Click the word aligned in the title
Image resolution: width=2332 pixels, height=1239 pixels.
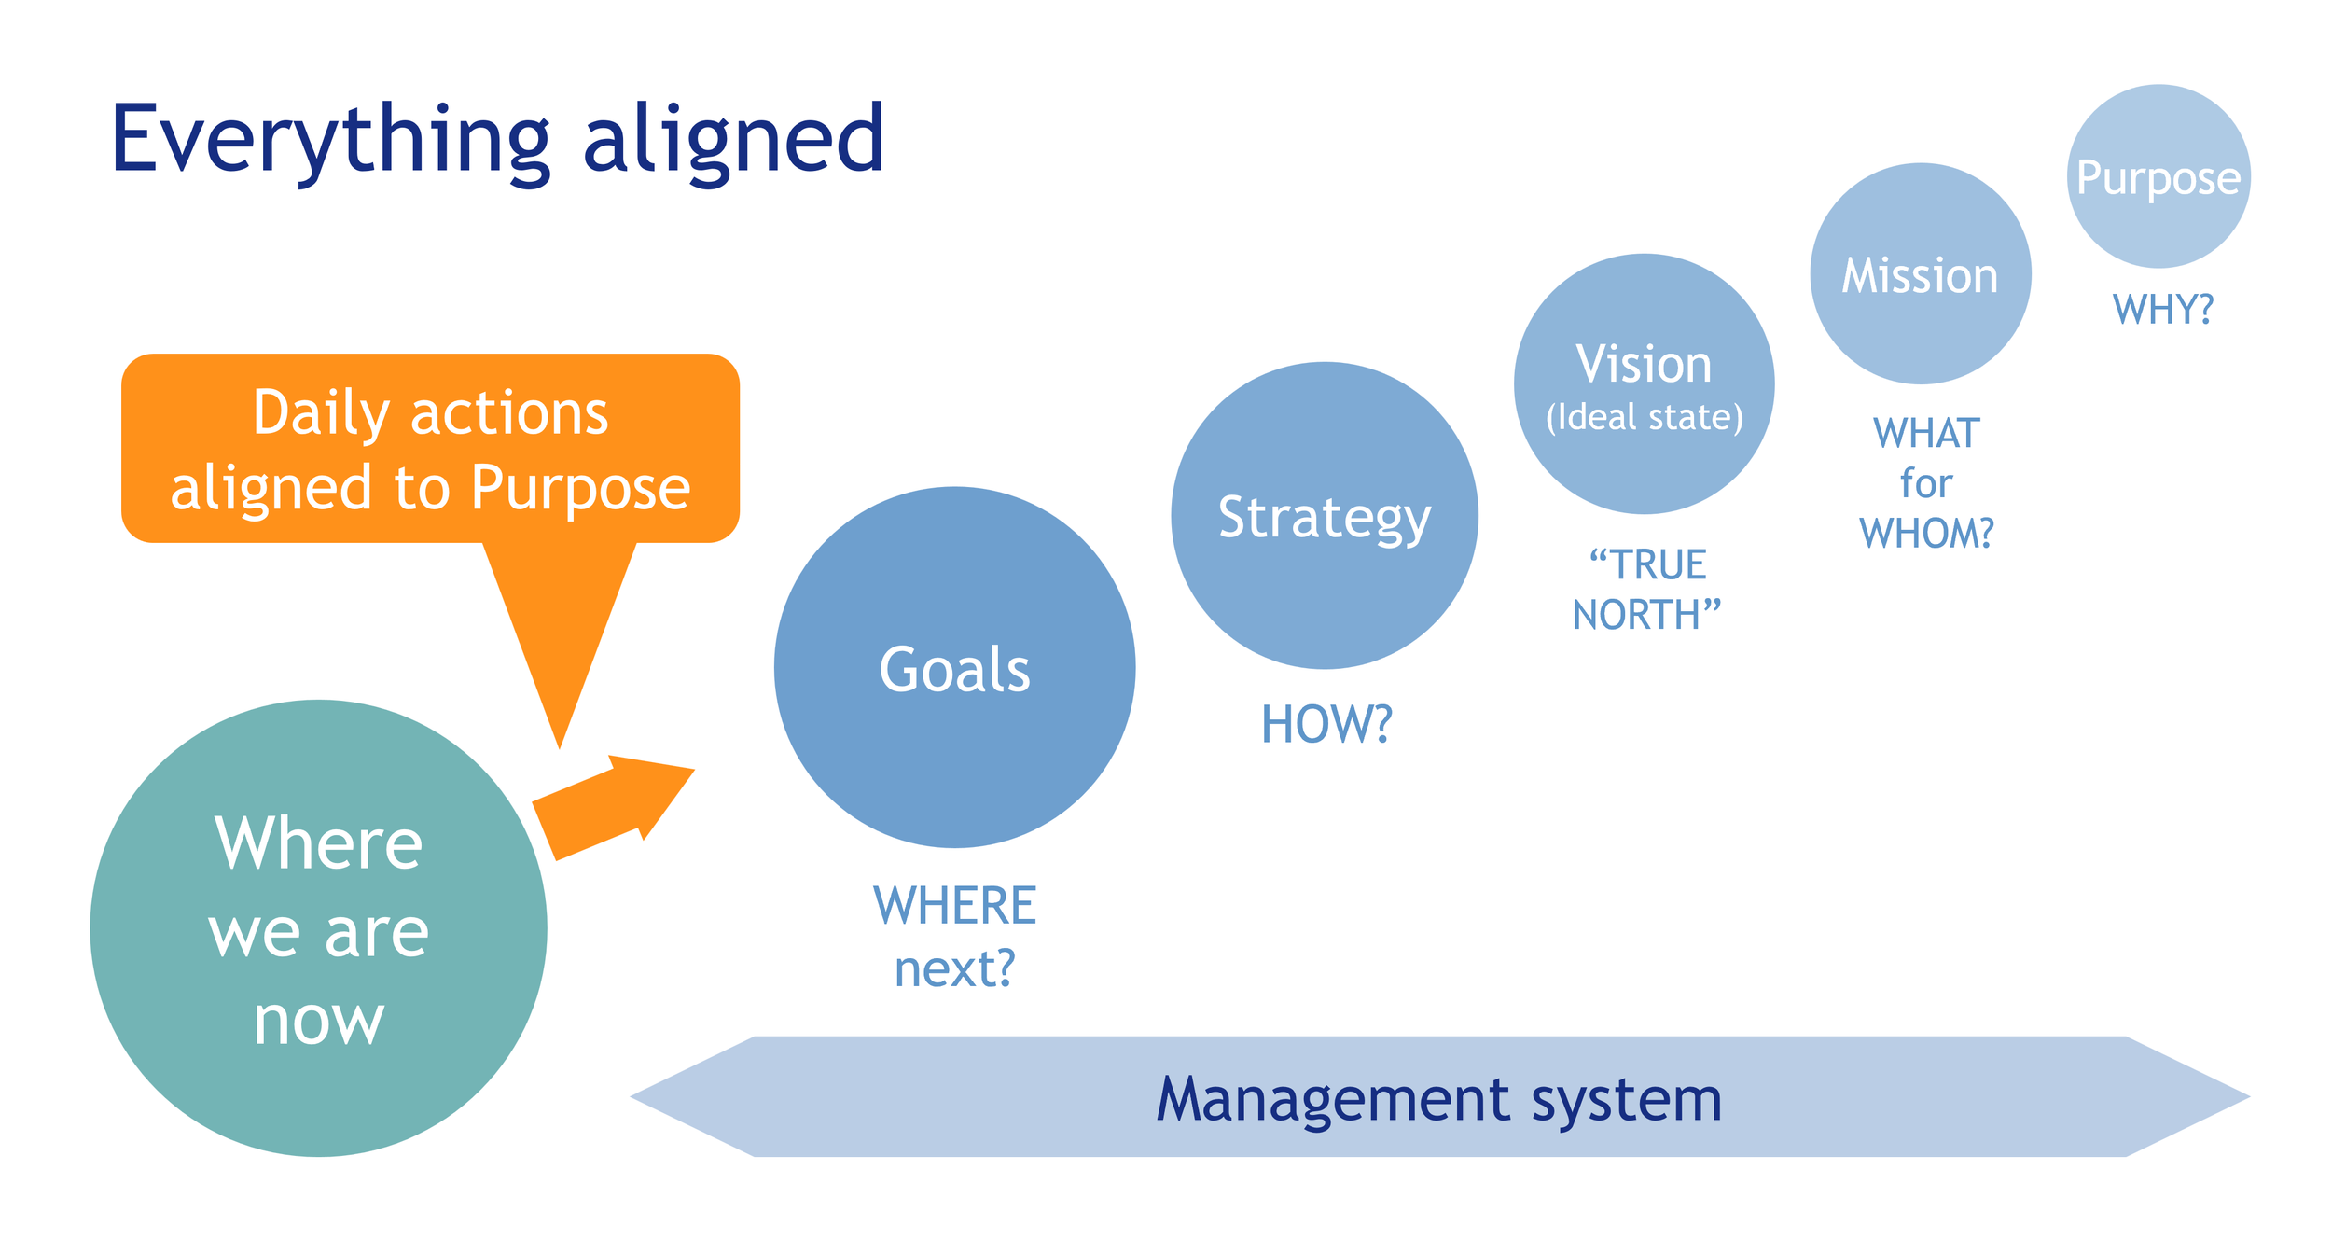tap(733, 140)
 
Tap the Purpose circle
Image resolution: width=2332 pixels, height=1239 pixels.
tap(2158, 176)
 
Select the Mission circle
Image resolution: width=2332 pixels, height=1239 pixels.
tap(1920, 274)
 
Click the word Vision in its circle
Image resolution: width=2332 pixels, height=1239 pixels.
tap(1644, 364)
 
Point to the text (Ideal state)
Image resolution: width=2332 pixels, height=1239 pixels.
tap(1644, 417)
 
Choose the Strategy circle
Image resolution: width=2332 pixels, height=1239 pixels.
tap(1324, 516)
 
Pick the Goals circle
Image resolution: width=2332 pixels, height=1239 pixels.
tap(954, 668)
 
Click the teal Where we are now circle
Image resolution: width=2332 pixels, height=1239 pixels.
tap(318, 928)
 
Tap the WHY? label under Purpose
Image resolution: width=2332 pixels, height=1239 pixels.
tap(2162, 309)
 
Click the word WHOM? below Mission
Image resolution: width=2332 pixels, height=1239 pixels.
tap(1926, 534)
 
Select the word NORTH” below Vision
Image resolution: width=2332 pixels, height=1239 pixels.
tap(1646, 616)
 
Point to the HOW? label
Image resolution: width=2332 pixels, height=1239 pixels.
tap(1326, 724)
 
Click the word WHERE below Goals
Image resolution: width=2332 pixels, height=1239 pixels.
tap(954, 906)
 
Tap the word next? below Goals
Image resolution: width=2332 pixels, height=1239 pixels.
tap(954, 968)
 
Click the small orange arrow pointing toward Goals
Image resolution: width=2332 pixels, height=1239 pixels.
tap(616, 804)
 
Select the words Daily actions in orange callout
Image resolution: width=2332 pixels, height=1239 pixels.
tap(430, 412)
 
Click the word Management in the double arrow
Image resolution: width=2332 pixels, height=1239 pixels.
tap(1333, 1099)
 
